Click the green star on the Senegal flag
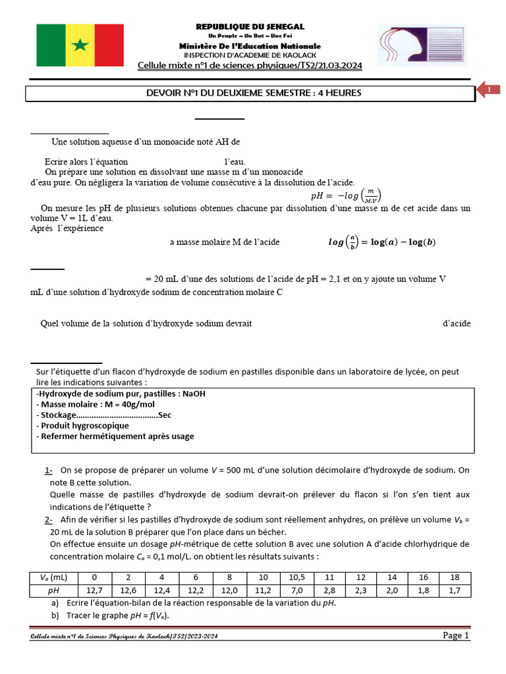tap(80, 45)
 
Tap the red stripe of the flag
tap(109, 45)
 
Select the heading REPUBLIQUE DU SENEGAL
tap(250, 26)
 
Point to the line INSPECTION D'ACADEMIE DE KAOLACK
tap(250, 55)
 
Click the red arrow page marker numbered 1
tap(488, 90)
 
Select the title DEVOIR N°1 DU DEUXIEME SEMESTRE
tap(254, 93)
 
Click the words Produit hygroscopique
tap(83, 425)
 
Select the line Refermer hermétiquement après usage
tap(115, 436)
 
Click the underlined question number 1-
tap(49, 471)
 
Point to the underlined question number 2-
tap(49, 520)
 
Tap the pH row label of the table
tap(52, 591)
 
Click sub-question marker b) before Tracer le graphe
tap(55, 615)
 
